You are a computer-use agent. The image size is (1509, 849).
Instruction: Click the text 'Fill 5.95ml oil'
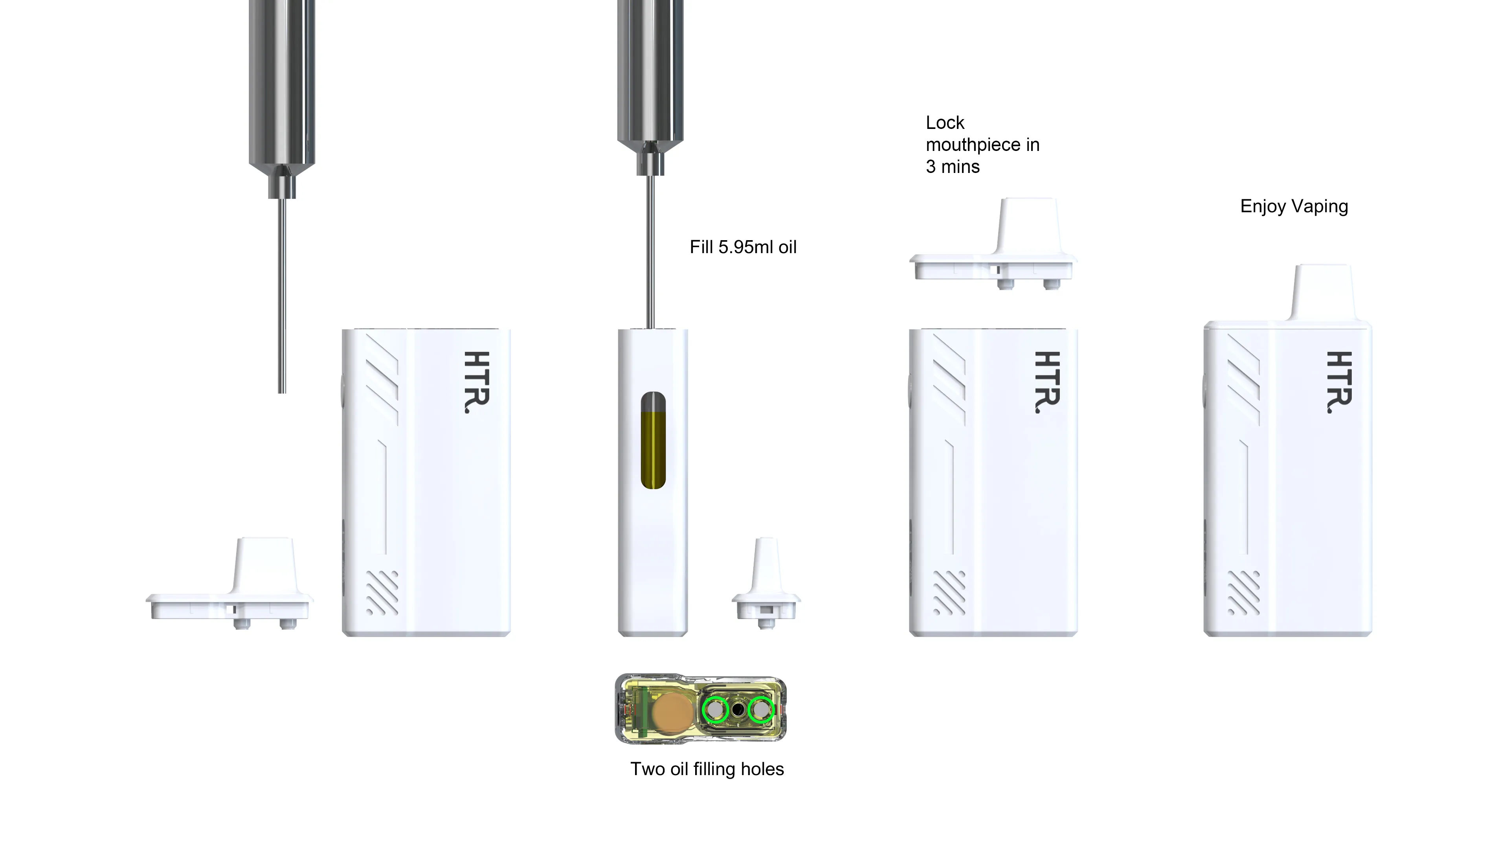743,247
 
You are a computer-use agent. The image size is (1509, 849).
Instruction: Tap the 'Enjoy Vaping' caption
1294,206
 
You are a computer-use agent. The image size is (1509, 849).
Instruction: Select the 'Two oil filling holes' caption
707,769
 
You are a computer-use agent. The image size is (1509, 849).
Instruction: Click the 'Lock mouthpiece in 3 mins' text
982,145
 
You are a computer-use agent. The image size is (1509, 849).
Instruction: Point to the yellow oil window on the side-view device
653,440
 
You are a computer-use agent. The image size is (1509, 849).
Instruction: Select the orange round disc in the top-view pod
672,713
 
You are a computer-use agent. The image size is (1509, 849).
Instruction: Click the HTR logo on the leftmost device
476,382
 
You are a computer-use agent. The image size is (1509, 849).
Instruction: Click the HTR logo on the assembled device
1339,382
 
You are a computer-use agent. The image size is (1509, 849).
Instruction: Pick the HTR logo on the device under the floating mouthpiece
1047,382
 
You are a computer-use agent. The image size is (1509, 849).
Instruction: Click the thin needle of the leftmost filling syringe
282,296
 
